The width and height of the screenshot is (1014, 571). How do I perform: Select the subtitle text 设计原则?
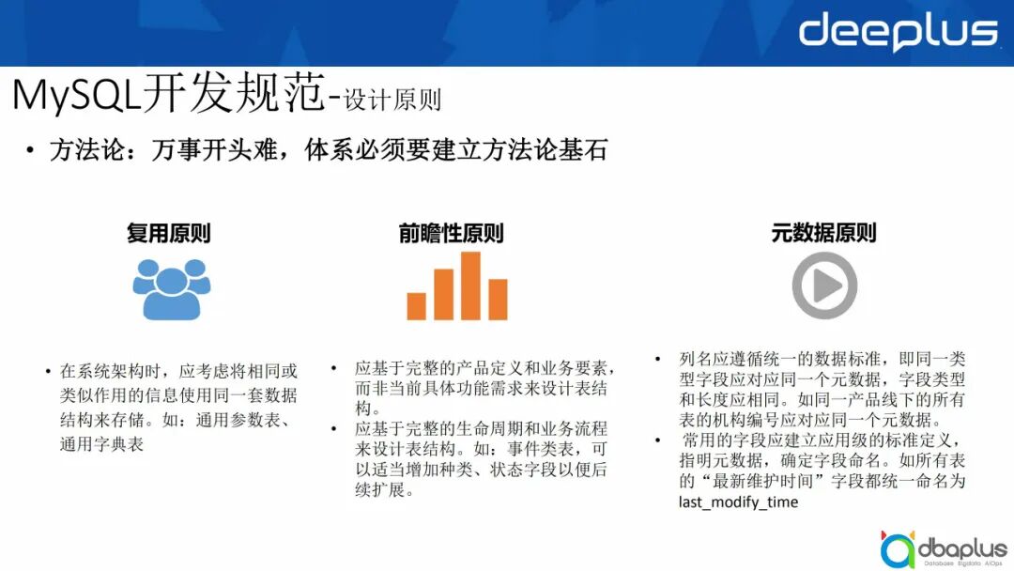(x=392, y=100)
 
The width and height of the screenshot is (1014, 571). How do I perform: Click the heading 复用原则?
(x=169, y=233)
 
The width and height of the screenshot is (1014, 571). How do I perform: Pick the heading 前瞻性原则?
(x=452, y=233)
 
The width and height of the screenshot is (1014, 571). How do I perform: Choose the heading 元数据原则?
(x=823, y=233)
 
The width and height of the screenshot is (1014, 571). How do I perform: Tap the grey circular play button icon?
(x=824, y=285)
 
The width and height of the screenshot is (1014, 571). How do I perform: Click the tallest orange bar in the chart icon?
(x=470, y=285)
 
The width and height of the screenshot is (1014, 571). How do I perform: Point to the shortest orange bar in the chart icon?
(x=416, y=306)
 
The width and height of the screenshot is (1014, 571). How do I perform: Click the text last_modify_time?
(x=738, y=502)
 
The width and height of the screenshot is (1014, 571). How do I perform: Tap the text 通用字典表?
(x=101, y=444)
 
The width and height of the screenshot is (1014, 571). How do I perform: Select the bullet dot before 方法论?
(x=31, y=151)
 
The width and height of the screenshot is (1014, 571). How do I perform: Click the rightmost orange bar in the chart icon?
(x=498, y=300)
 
